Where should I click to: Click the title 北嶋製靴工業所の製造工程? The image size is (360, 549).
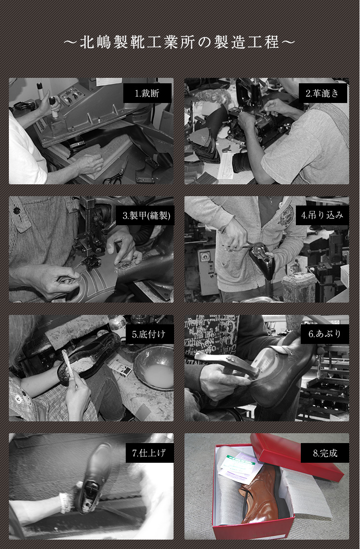(x=180, y=42)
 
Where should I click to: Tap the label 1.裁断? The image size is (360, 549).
(x=147, y=93)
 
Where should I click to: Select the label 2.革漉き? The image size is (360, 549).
(x=323, y=93)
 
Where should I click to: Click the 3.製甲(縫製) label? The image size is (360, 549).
(x=147, y=215)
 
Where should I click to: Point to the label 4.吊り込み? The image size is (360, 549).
(x=322, y=215)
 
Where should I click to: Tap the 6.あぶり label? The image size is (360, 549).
(x=324, y=334)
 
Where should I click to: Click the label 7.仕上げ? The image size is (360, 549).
(x=149, y=453)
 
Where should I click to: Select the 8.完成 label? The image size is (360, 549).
(x=324, y=453)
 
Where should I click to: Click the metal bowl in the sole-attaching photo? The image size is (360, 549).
(x=154, y=368)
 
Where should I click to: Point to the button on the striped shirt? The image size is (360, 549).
(x=16, y=211)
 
